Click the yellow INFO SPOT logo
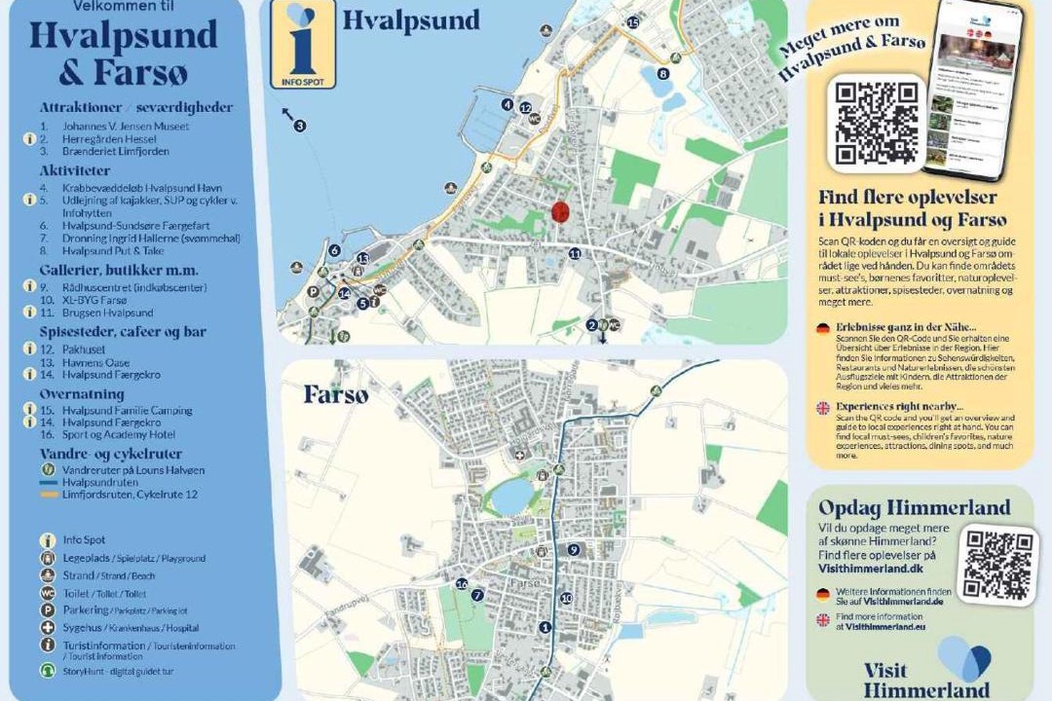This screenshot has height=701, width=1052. pyautogui.click(x=303, y=46)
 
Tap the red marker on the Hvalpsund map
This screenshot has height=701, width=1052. pyautogui.click(x=560, y=211)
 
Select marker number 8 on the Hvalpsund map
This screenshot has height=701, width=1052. pyautogui.click(x=663, y=73)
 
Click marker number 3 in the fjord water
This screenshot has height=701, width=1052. pyautogui.click(x=300, y=126)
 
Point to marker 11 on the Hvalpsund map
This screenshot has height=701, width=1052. pyautogui.click(x=575, y=253)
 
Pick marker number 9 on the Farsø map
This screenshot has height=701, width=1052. pyautogui.click(x=574, y=550)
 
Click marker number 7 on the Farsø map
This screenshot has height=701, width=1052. pyautogui.click(x=477, y=595)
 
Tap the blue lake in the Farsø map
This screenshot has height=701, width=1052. pyautogui.click(x=510, y=498)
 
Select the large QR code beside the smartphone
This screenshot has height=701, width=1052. pyautogui.click(x=878, y=122)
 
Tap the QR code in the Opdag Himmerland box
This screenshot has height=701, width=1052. pyautogui.click(x=997, y=565)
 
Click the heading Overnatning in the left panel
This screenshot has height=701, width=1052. pyautogui.click(x=82, y=394)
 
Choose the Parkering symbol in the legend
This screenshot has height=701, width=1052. pyautogui.click(x=46, y=610)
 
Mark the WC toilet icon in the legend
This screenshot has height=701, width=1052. pyautogui.click(x=46, y=593)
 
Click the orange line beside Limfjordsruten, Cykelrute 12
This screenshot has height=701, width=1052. pyautogui.click(x=46, y=494)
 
